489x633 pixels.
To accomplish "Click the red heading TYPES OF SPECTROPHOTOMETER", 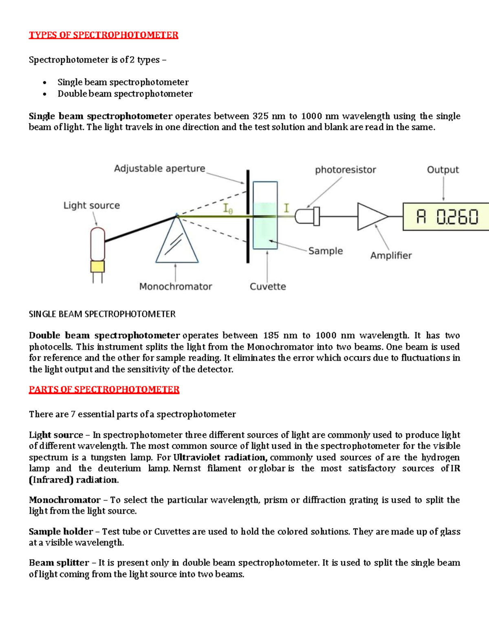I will pos(104,35).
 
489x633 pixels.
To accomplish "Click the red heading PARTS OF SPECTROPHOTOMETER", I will pos(104,390).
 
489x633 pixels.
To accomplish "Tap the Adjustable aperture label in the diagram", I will pos(159,168).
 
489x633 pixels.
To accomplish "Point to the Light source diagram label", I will pos(92,205).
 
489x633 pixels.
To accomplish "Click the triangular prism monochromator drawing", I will pos(177,243).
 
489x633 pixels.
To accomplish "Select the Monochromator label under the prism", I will pos(176,287).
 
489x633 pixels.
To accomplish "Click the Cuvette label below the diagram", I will pos(268,287).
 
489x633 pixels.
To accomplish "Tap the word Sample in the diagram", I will pos(325,251).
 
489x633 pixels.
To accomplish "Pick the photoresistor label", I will pos(346,170).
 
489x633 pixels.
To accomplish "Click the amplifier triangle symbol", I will pos(370,216).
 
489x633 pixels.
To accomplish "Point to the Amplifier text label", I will pos(391,256).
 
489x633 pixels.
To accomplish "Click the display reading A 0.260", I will pos(447,216).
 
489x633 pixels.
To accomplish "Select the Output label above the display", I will pos(443,170).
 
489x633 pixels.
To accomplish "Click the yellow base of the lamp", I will pos(97,267).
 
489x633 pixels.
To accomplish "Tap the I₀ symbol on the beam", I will pos(228,209).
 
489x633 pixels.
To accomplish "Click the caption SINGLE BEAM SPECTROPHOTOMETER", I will pos(102,314).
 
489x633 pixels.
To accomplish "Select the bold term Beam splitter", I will pos(59,563).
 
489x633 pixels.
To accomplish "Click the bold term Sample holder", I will pos(61,532).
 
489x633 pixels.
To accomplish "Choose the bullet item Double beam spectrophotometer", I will pos(125,94).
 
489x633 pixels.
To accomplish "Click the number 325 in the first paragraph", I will pos(260,116).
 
